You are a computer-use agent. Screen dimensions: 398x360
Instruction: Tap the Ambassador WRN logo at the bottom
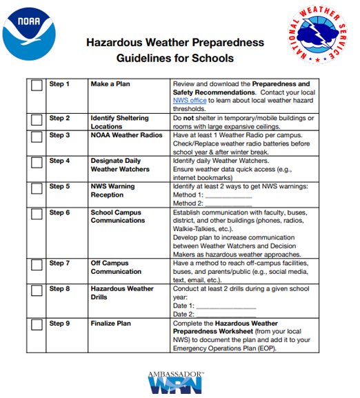[175, 382]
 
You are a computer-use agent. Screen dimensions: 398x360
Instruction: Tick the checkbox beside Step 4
[36, 164]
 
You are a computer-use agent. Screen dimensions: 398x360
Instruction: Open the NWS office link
[190, 101]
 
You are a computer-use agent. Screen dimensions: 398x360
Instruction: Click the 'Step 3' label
[59, 135]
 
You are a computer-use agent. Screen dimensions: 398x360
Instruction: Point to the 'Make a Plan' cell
[110, 84]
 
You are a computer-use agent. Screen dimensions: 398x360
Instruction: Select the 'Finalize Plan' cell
[111, 324]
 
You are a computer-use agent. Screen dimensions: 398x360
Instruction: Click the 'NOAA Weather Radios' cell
[127, 135]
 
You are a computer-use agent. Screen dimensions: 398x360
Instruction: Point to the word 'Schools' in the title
[214, 58]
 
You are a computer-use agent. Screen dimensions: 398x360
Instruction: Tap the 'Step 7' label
[59, 263]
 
